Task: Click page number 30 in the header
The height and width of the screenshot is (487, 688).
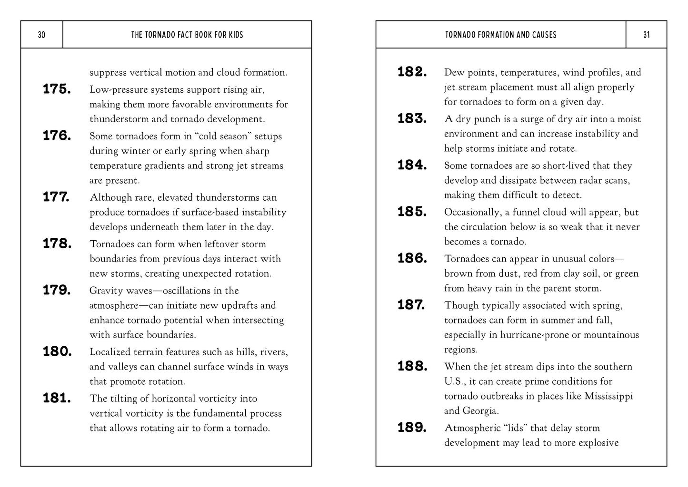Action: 41,35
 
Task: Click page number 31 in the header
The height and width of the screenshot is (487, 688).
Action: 646,35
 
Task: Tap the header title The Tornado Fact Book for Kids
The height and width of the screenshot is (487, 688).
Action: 187,35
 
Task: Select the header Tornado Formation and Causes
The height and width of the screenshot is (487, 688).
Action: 500,35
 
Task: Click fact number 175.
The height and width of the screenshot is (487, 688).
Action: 57,89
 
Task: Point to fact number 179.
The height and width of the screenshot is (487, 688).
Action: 57,290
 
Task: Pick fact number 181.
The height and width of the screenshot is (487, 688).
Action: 57,398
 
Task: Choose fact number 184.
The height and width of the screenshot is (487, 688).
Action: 412,165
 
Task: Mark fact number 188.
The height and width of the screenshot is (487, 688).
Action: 412,366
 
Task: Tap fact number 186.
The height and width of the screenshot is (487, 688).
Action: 412,258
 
